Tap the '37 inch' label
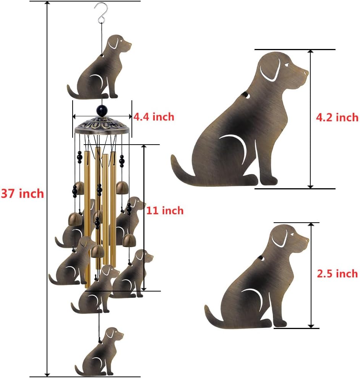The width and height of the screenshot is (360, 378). point(22,194)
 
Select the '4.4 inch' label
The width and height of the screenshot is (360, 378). point(154,117)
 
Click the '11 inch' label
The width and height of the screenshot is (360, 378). point(165,210)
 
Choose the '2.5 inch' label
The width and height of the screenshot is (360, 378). point(337,273)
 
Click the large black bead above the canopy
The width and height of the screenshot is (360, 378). point(102,111)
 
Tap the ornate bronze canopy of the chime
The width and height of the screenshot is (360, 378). point(102,126)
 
